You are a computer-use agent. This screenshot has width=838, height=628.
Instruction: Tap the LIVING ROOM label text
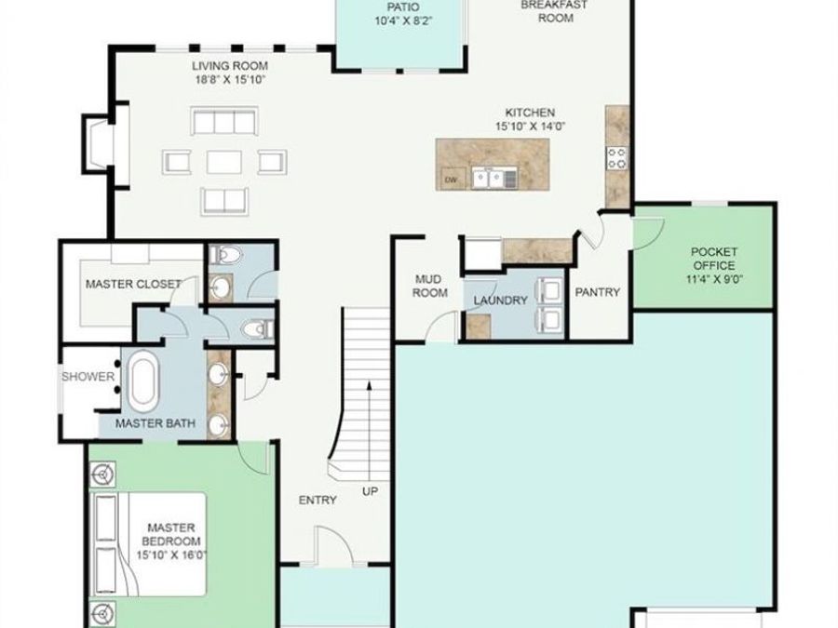pyautogui.click(x=230, y=66)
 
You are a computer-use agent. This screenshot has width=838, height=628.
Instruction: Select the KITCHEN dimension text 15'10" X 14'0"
pyautogui.click(x=530, y=127)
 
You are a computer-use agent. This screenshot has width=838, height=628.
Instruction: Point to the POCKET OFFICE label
pyautogui.click(x=714, y=259)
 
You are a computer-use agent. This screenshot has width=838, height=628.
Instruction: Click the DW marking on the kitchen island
pyautogui.click(x=451, y=180)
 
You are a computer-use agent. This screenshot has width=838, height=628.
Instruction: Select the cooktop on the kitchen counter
pyautogui.click(x=617, y=157)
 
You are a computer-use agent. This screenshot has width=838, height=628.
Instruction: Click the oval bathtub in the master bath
pyautogui.click(x=142, y=381)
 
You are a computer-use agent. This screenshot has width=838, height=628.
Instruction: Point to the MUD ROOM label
pyautogui.click(x=429, y=286)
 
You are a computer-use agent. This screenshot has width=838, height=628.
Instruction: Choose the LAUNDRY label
pyautogui.click(x=500, y=301)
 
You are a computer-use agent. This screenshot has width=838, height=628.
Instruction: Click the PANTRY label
pyautogui.click(x=597, y=292)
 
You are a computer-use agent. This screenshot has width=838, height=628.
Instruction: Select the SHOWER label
pyautogui.click(x=88, y=377)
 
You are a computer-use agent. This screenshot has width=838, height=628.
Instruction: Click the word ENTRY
pyautogui.click(x=317, y=501)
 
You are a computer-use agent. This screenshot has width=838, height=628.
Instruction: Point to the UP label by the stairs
pyautogui.click(x=370, y=491)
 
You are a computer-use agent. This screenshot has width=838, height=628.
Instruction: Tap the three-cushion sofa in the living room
pyautogui.click(x=224, y=122)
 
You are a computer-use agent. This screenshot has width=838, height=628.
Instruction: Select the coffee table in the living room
pyautogui.click(x=224, y=162)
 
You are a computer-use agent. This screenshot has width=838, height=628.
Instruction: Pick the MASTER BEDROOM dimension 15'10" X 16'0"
pyautogui.click(x=171, y=555)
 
